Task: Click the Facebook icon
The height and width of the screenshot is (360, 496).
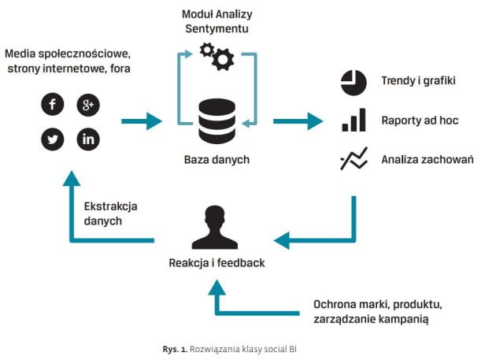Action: coord(53,104)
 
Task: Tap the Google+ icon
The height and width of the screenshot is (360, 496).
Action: coord(88,105)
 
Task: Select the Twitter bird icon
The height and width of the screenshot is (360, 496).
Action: coord(53,139)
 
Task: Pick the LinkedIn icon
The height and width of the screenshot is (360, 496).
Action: coord(88,139)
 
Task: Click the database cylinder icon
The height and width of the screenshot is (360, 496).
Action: coord(217,121)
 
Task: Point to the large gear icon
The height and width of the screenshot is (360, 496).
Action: coord(223,59)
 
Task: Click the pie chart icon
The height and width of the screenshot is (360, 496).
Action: coord(353,83)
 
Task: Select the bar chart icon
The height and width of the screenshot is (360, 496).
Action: coord(354,120)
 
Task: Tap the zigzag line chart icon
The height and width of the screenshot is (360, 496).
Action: coord(354,158)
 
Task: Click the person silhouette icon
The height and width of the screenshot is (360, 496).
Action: coord(215,228)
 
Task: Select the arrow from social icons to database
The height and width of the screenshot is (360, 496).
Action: coord(142,121)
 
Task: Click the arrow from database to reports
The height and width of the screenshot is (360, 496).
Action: coord(298,121)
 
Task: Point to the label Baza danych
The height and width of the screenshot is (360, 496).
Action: coord(217,160)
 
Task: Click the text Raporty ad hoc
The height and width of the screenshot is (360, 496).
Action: coord(420,121)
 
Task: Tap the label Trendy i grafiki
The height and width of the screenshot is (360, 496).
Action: coord(418,80)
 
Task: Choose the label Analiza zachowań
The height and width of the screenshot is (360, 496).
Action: coord(428,159)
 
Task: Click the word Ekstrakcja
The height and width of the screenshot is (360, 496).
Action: coord(111,206)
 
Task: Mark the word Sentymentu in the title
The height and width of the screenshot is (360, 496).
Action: coord(217,29)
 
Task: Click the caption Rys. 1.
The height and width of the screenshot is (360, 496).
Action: coord(175,349)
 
